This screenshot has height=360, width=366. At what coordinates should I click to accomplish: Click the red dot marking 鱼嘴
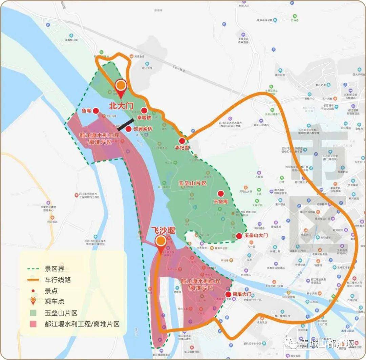(x=96, y=111)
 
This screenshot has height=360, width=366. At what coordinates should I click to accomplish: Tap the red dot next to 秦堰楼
(x=144, y=110)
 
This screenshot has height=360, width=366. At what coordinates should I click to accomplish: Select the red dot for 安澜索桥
(x=128, y=129)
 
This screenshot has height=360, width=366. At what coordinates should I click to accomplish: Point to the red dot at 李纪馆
(x=182, y=141)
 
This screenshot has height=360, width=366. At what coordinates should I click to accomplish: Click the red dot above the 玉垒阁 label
(x=221, y=194)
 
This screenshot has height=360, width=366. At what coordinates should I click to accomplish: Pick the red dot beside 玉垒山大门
(x=239, y=236)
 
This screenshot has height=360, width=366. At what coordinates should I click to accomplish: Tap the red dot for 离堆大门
(x=228, y=294)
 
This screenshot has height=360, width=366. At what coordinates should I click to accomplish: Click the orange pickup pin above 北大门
(x=121, y=86)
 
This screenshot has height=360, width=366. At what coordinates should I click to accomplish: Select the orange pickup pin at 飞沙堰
(x=161, y=241)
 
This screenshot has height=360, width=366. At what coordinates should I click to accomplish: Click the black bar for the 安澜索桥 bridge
(x=125, y=125)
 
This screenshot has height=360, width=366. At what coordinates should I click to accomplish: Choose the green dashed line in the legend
(x=34, y=269)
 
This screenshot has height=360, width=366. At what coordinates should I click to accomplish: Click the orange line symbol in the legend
(x=34, y=280)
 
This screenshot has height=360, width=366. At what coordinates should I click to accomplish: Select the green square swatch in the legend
(x=33, y=313)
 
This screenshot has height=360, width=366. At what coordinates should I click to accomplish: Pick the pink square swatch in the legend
(x=33, y=324)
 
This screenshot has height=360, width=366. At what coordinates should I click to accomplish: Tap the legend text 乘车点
(x=54, y=301)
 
